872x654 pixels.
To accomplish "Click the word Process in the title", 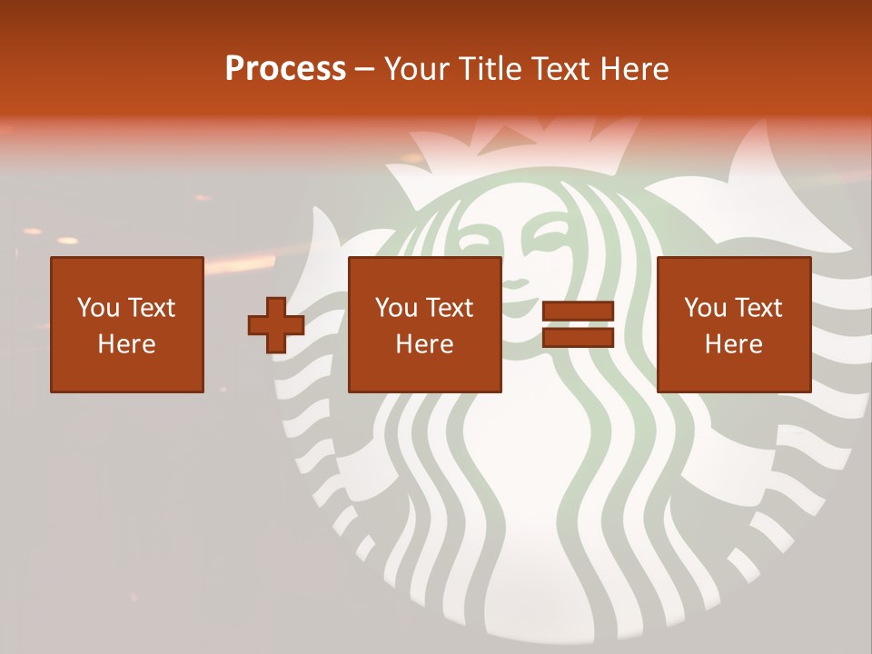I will coord(285,69).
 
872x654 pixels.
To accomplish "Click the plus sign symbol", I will coord(276,325).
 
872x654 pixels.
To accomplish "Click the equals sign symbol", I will coord(578,324).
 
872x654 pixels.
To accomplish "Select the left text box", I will coord(127,324).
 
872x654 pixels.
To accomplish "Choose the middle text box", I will coord(425,324).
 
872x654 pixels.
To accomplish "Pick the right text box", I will coord(734,324).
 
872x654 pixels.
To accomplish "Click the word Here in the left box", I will coord(126,344).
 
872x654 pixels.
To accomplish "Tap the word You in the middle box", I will coord(395,308).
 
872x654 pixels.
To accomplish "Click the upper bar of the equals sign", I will coord(578,312).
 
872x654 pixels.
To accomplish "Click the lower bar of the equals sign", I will coord(578,337).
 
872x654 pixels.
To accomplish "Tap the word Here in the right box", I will coord(733,344).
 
